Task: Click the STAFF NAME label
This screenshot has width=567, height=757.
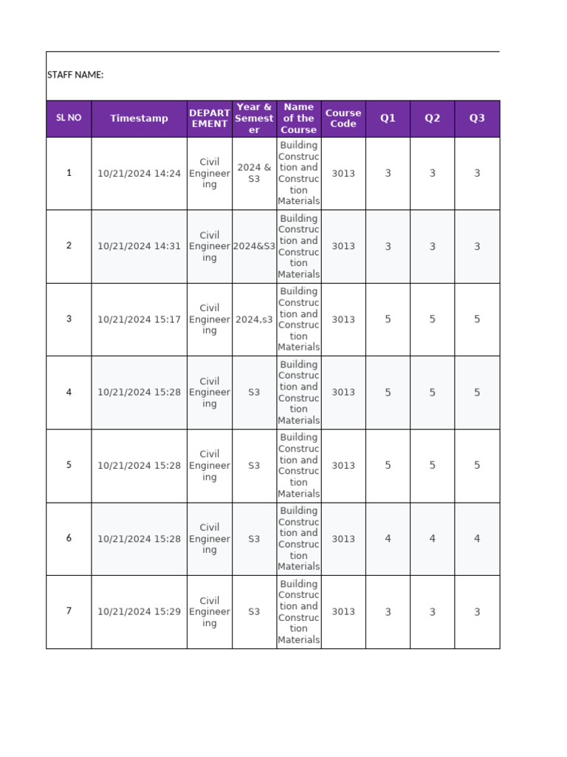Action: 75,75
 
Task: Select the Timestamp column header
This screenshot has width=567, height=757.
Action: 139,118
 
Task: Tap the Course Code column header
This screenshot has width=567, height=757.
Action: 343,118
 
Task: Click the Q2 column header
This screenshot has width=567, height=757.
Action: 433,118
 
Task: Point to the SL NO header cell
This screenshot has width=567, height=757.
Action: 69,118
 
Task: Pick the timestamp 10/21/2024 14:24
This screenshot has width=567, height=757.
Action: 139,174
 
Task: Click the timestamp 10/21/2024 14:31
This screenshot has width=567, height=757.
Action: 139,246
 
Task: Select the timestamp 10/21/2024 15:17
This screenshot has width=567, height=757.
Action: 139,319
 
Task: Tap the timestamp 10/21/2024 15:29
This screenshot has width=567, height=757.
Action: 139,611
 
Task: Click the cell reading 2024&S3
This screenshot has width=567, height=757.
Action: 254,246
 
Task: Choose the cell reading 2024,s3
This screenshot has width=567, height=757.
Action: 254,319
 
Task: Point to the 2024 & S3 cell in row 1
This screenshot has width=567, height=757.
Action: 254,173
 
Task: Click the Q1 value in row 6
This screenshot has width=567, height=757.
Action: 388,539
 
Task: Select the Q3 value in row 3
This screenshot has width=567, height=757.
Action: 477,319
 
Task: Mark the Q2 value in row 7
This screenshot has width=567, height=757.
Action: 433,611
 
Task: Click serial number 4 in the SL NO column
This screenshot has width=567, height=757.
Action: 69,392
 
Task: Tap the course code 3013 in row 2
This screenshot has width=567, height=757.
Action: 343,246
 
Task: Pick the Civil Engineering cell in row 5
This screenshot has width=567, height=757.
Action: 210,466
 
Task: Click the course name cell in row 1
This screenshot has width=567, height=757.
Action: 299,173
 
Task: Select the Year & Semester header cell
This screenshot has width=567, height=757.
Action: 254,118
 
